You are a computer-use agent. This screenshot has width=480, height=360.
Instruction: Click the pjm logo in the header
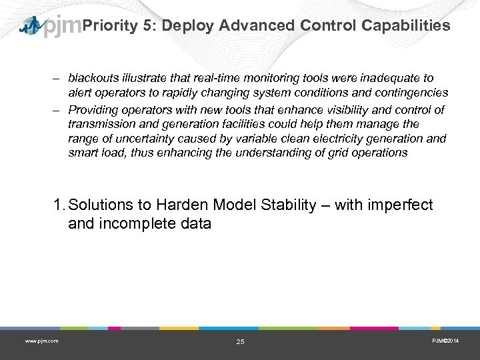tap(51, 27)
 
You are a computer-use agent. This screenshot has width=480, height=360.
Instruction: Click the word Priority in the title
tap(108, 25)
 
